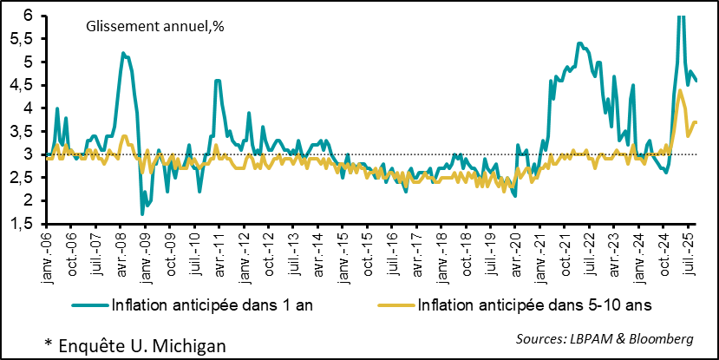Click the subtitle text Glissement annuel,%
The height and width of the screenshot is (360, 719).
(155, 27)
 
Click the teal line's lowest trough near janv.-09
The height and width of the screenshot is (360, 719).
(142, 213)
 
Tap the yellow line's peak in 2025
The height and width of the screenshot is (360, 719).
(679, 89)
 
